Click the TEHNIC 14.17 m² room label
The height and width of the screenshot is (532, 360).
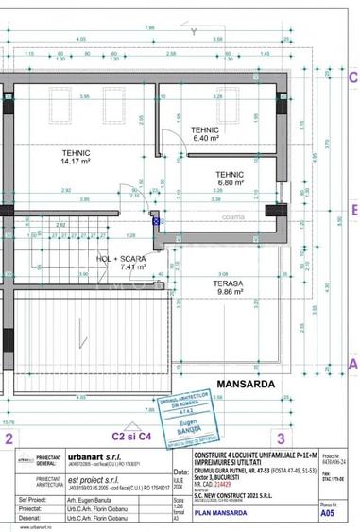click(x=77, y=156)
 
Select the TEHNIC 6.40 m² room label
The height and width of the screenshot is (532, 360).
click(x=205, y=134)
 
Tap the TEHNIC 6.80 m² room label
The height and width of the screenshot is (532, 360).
click(x=230, y=179)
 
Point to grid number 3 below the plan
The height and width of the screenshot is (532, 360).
click(x=281, y=438)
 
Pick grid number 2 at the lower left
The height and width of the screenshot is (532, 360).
click(x=9, y=438)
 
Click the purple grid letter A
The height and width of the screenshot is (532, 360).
click(x=353, y=363)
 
